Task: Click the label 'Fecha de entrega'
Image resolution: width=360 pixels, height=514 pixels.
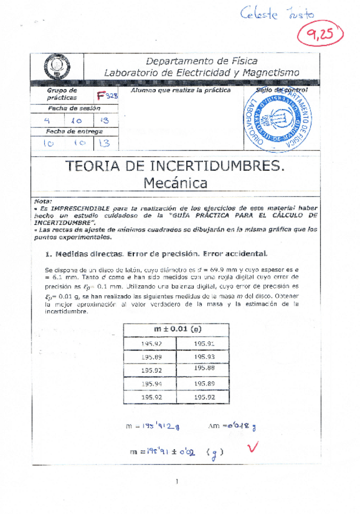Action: [x=66, y=131]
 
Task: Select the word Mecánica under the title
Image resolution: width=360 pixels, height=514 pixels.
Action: [x=175, y=182]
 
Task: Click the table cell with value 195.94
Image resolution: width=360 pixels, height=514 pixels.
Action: [x=151, y=384]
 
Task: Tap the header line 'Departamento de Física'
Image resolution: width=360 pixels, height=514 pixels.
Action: [x=202, y=61]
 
